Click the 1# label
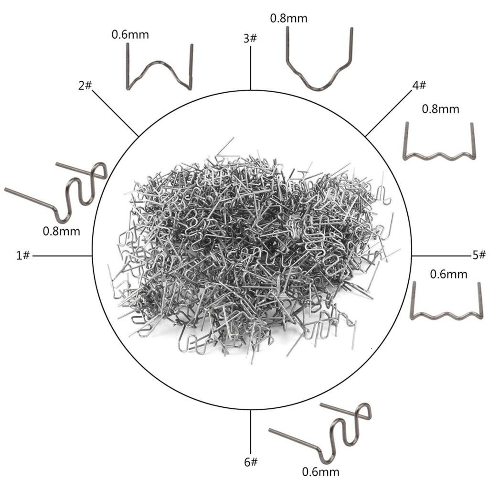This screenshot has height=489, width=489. point(23,256)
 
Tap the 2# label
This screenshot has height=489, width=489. point(85,85)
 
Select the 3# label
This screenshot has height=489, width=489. point(250,38)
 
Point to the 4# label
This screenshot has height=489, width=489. point(419,85)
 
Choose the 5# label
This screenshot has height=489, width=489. point(479,255)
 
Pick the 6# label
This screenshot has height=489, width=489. point(251,462)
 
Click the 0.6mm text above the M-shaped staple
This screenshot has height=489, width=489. point(130,34)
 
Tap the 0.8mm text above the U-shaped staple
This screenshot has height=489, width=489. point(288,18)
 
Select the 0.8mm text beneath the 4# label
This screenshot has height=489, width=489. point(440,109)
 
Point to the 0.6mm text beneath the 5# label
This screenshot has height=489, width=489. point(448,274)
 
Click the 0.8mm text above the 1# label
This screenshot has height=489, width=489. point(62,231)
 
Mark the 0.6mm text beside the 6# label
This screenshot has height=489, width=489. point(320,471)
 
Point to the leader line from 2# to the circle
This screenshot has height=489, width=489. point(116,113)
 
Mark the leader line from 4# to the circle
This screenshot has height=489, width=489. point(389,113)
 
